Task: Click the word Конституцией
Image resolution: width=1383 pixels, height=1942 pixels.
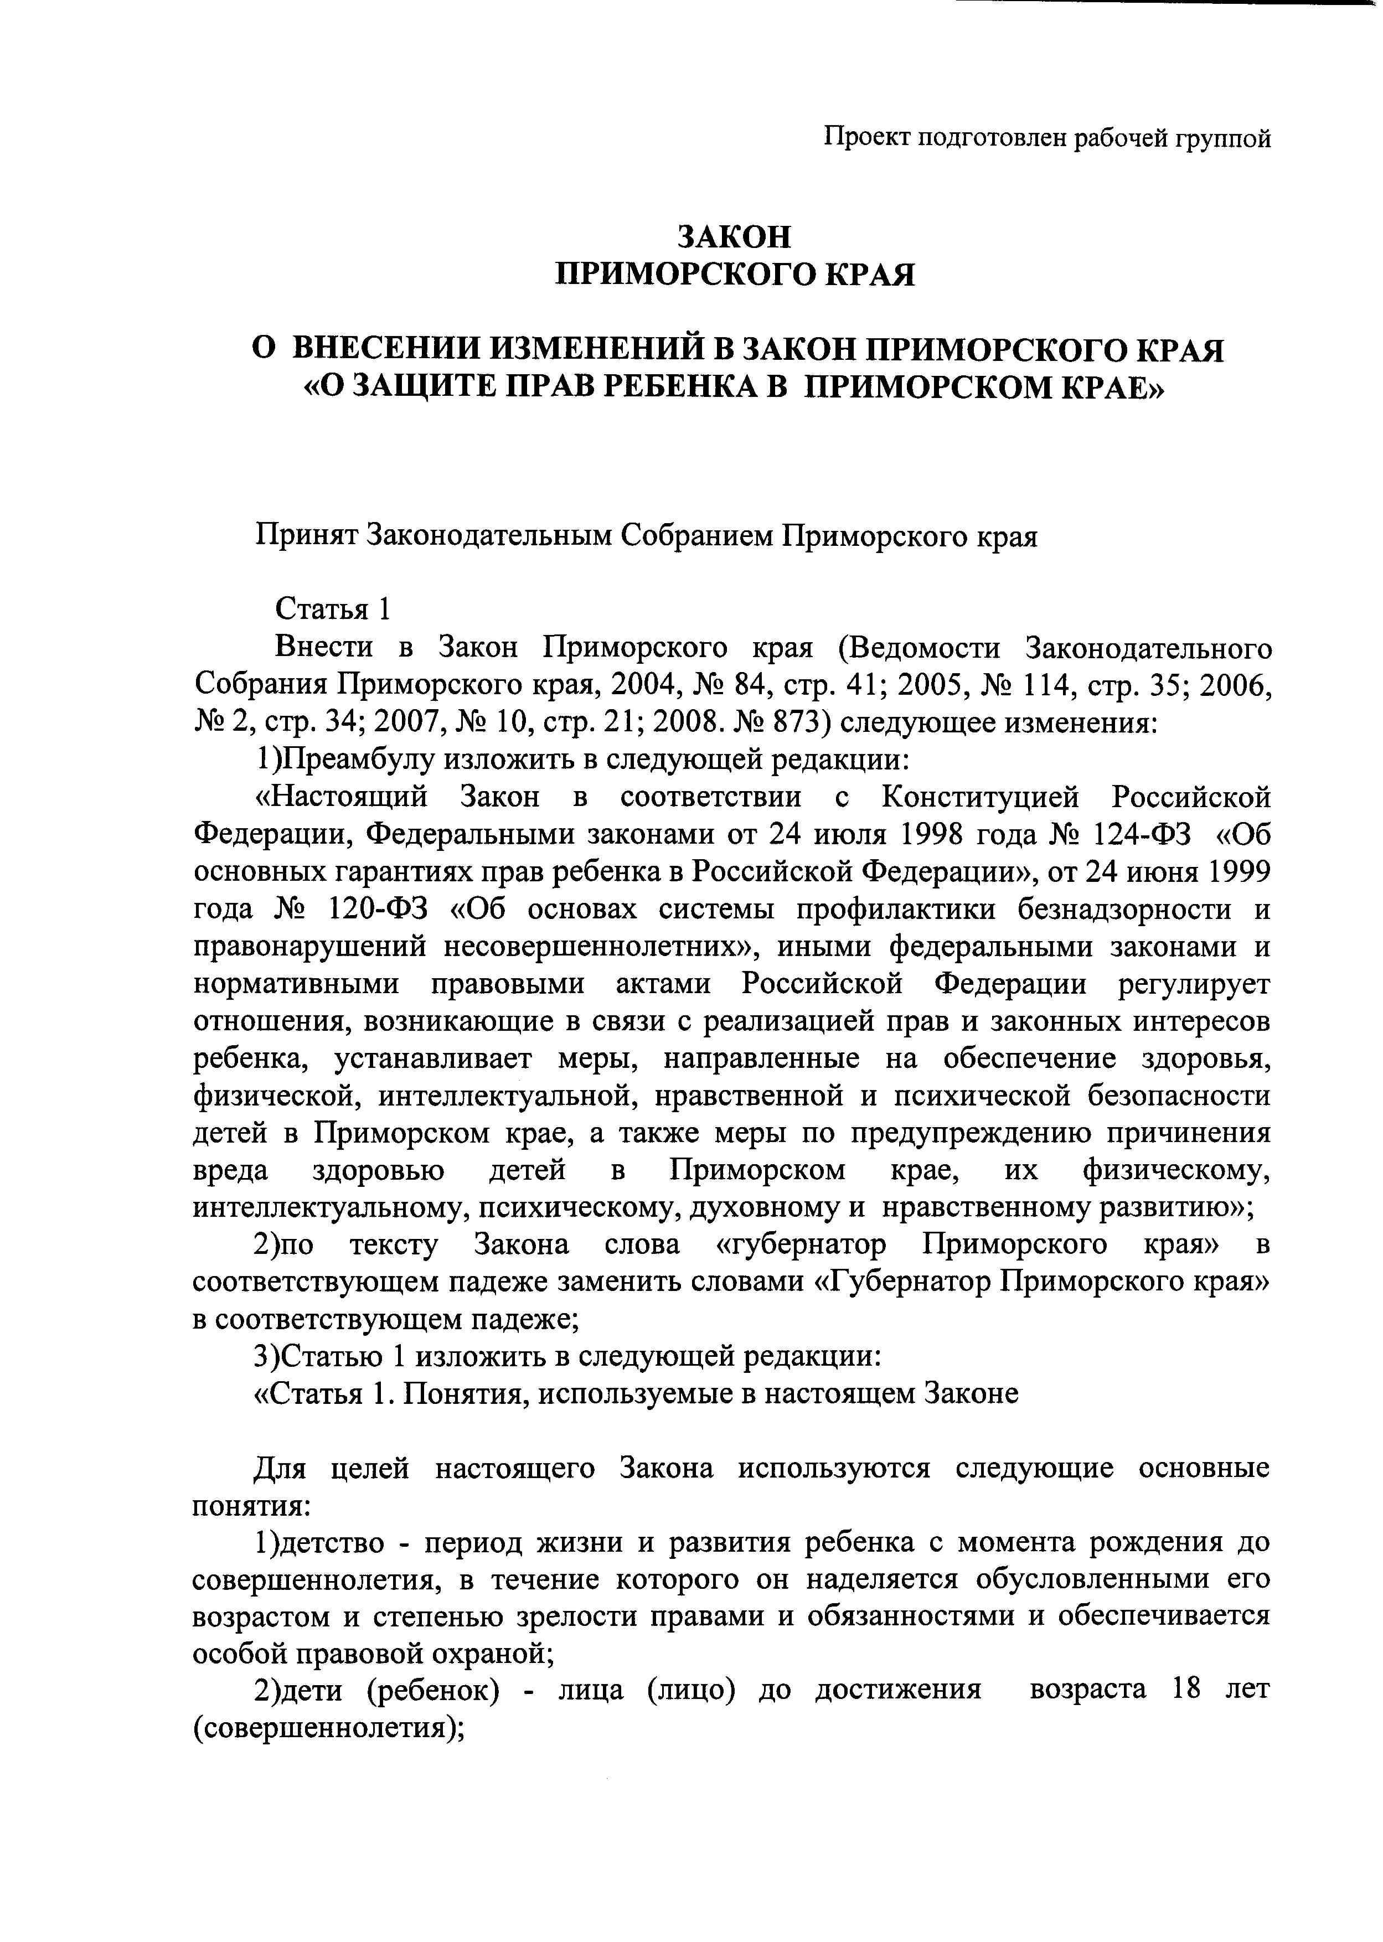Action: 980,798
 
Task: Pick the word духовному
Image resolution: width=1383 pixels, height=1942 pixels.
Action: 769,1208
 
